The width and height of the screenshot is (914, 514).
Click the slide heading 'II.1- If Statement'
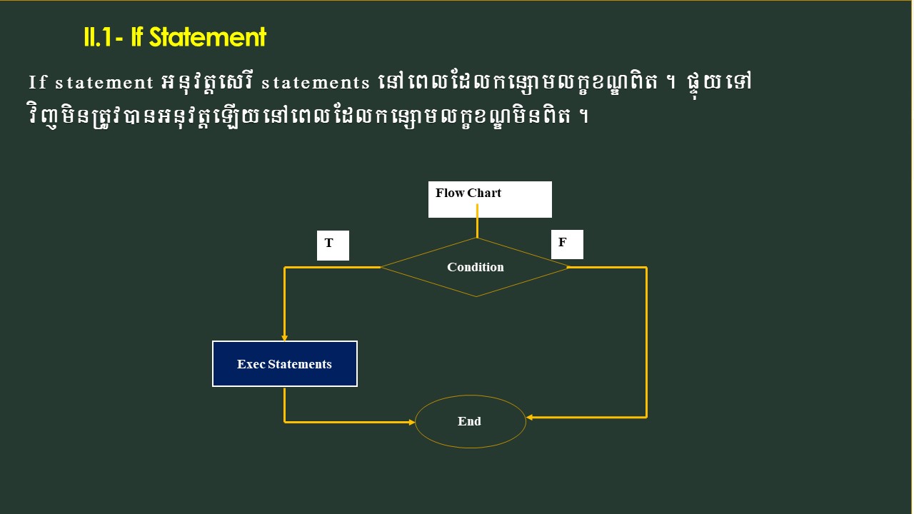(175, 37)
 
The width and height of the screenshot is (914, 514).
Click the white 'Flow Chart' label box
(490, 199)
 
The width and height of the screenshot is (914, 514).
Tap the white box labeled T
(333, 246)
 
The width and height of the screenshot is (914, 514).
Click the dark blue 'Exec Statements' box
(285, 364)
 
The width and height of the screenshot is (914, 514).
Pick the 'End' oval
(470, 421)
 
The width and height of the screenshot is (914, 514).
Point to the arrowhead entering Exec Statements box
(285, 337)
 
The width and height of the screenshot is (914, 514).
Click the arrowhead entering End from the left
(411, 422)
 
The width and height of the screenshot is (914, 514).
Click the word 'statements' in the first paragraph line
(315, 83)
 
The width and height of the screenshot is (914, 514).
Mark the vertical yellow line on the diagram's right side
(646, 343)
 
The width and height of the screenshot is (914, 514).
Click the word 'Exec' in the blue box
(251, 364)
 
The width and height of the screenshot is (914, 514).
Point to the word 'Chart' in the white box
(485, 193)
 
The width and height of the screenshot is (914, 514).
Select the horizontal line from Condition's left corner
(333, 267)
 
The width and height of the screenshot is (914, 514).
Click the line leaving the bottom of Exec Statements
(285, 404)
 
